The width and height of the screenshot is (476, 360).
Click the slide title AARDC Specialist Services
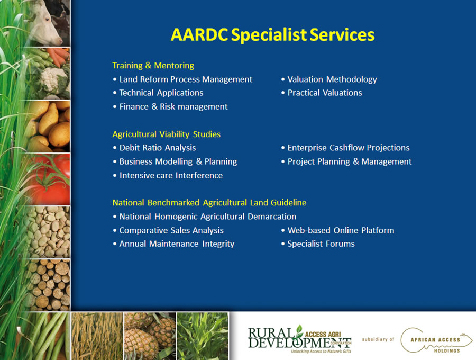click(x=272, y=35)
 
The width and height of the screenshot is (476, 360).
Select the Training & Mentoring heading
click(x=153, y=65)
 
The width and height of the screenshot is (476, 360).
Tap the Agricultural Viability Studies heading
click(x=167, y=134)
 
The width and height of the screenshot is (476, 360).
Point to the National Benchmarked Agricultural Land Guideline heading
click(x=209, y=202)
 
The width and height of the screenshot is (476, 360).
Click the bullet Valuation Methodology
click(x=329, y=79)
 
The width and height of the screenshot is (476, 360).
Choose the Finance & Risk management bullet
click(x=170, y=106)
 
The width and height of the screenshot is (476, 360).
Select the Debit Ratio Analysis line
click(x=154, y=148)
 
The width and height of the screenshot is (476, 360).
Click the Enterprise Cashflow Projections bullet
click(x=345, y=148)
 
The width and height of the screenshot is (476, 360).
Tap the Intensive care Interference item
click(x=168, y=175)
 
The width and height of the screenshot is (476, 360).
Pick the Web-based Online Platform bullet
click(x=337, y=230)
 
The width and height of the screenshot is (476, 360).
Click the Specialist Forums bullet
click(x=318, y=244)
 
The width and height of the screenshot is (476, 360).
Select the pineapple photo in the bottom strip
click(x=150, y=336)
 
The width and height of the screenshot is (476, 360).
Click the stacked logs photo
click(x=49, y=285)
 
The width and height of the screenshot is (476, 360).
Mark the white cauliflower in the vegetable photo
click(x=54, y=80)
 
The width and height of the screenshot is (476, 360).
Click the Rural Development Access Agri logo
click(x=300, y=339)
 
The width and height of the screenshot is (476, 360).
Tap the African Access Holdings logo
click(x=436, y=340)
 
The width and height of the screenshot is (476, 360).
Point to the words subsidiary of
click(x=378, y=339)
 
